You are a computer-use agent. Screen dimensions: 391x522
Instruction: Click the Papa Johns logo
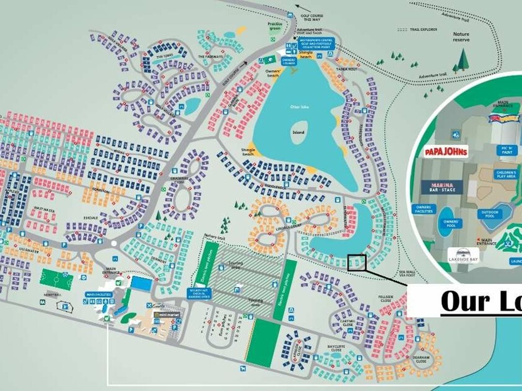[446, 152]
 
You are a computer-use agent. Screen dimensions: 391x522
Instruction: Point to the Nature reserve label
[461, 37]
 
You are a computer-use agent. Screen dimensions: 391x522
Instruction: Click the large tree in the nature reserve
[463, 59]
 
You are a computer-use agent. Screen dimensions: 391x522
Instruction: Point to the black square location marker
[356, 263]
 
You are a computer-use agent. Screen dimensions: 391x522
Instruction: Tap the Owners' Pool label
[451, 224]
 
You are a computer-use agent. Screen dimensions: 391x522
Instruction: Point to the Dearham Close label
[421, 359]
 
